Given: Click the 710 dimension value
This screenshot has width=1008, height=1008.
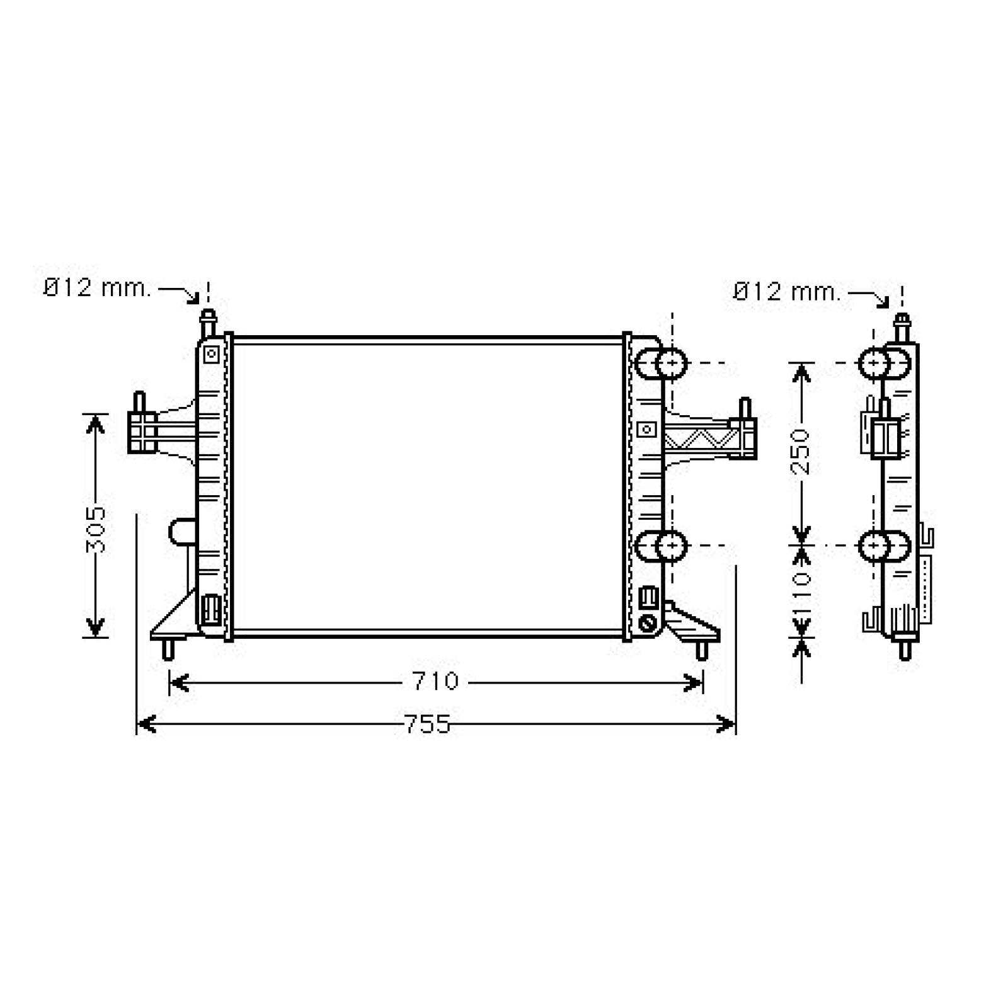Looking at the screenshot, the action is [x=435, y=681].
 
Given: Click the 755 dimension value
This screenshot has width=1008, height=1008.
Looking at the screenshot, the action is [x=427, y=724].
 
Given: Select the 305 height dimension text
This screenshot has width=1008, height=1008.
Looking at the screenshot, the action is [x=96, y=530].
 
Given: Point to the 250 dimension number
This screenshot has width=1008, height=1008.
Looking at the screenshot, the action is [x=801, y=451].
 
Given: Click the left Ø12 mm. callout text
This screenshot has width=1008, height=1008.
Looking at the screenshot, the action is [x=97, y=289].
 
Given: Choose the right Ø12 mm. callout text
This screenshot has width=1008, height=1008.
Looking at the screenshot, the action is [x=787, y=292].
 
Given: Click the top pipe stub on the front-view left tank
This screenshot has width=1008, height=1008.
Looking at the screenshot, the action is [x=207, y=324].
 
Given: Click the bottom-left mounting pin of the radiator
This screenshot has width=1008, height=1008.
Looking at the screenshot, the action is [x=168, y=650].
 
